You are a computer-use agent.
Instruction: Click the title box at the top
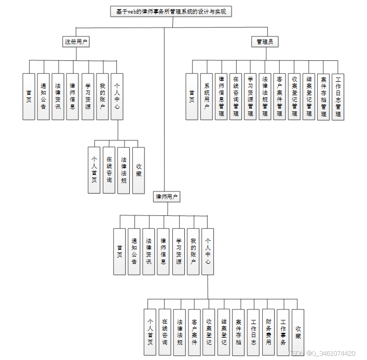pyautogui.click(x=171, y=11)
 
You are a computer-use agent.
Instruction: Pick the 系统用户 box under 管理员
pyautogui.click(x=207, y=97)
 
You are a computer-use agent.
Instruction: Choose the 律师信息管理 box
pyautogui.click(x=221, y=97)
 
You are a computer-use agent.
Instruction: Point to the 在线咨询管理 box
pyautogui.click(x=236, y=97)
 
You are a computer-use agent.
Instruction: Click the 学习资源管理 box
pyautogui.click(x=250, y=97)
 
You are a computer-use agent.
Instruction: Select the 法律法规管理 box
pyautogui.click(x=265, y=97)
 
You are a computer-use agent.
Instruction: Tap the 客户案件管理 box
pyautogui.click(x=279, y=97)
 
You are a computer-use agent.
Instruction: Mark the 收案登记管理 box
pyautogui.click(x=294, y=97)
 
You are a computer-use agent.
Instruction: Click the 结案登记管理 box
pyautogui.click(x=309, y=97)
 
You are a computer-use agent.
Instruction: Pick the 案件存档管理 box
pyautogui.click(x=323, y=97)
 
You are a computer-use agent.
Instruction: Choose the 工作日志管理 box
pyautogui.click(x=338, y=97)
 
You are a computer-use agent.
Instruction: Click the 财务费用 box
pyautogui.click(x=268, y=332)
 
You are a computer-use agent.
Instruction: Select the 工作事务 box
pyautogui.click(x=283, y=332)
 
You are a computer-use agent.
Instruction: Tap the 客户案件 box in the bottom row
pyautogui.click(x=194, y=332)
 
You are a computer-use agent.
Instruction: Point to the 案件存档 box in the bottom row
pyautogui.click(x=239, y=332)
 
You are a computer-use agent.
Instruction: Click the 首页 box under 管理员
pyautogui.click(x=192, y=97)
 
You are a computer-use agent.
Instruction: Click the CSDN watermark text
pyautogui.click(x=322, y=354)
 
